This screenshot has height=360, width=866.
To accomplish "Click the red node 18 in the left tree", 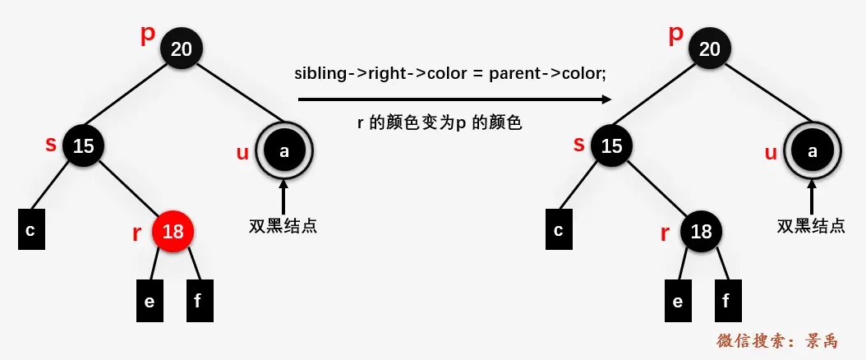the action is click(x=173, y=232).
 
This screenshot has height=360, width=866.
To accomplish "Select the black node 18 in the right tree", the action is click(x=702, y=232).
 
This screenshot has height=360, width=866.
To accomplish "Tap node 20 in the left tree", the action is click(x=182, y=49).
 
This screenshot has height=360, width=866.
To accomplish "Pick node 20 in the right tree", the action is click(x=710, y=49).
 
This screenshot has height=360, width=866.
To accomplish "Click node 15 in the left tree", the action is click(x=83, y=146).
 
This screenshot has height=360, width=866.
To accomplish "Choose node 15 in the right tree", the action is click(x=611, y=146).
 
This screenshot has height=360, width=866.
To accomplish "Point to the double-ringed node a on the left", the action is click(x=284, y=151).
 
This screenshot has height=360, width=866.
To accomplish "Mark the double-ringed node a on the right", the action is click(x=813, y=151).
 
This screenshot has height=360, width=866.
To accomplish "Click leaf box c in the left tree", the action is click(x=30, y=230).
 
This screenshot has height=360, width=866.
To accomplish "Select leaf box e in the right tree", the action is click(x=677, y=301).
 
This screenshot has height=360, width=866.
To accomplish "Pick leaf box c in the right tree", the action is click(x=559, y=230).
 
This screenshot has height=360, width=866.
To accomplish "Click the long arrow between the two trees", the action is click(x=454, y=99).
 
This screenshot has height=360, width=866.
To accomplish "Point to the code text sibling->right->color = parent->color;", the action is click(x=450, y=74).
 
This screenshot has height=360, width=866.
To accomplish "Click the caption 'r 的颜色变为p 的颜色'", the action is click(x=440, y=125).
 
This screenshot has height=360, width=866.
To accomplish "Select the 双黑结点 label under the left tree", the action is click(x=283, y=226).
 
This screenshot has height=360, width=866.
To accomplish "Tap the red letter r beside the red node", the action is click(x=136, y=233).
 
